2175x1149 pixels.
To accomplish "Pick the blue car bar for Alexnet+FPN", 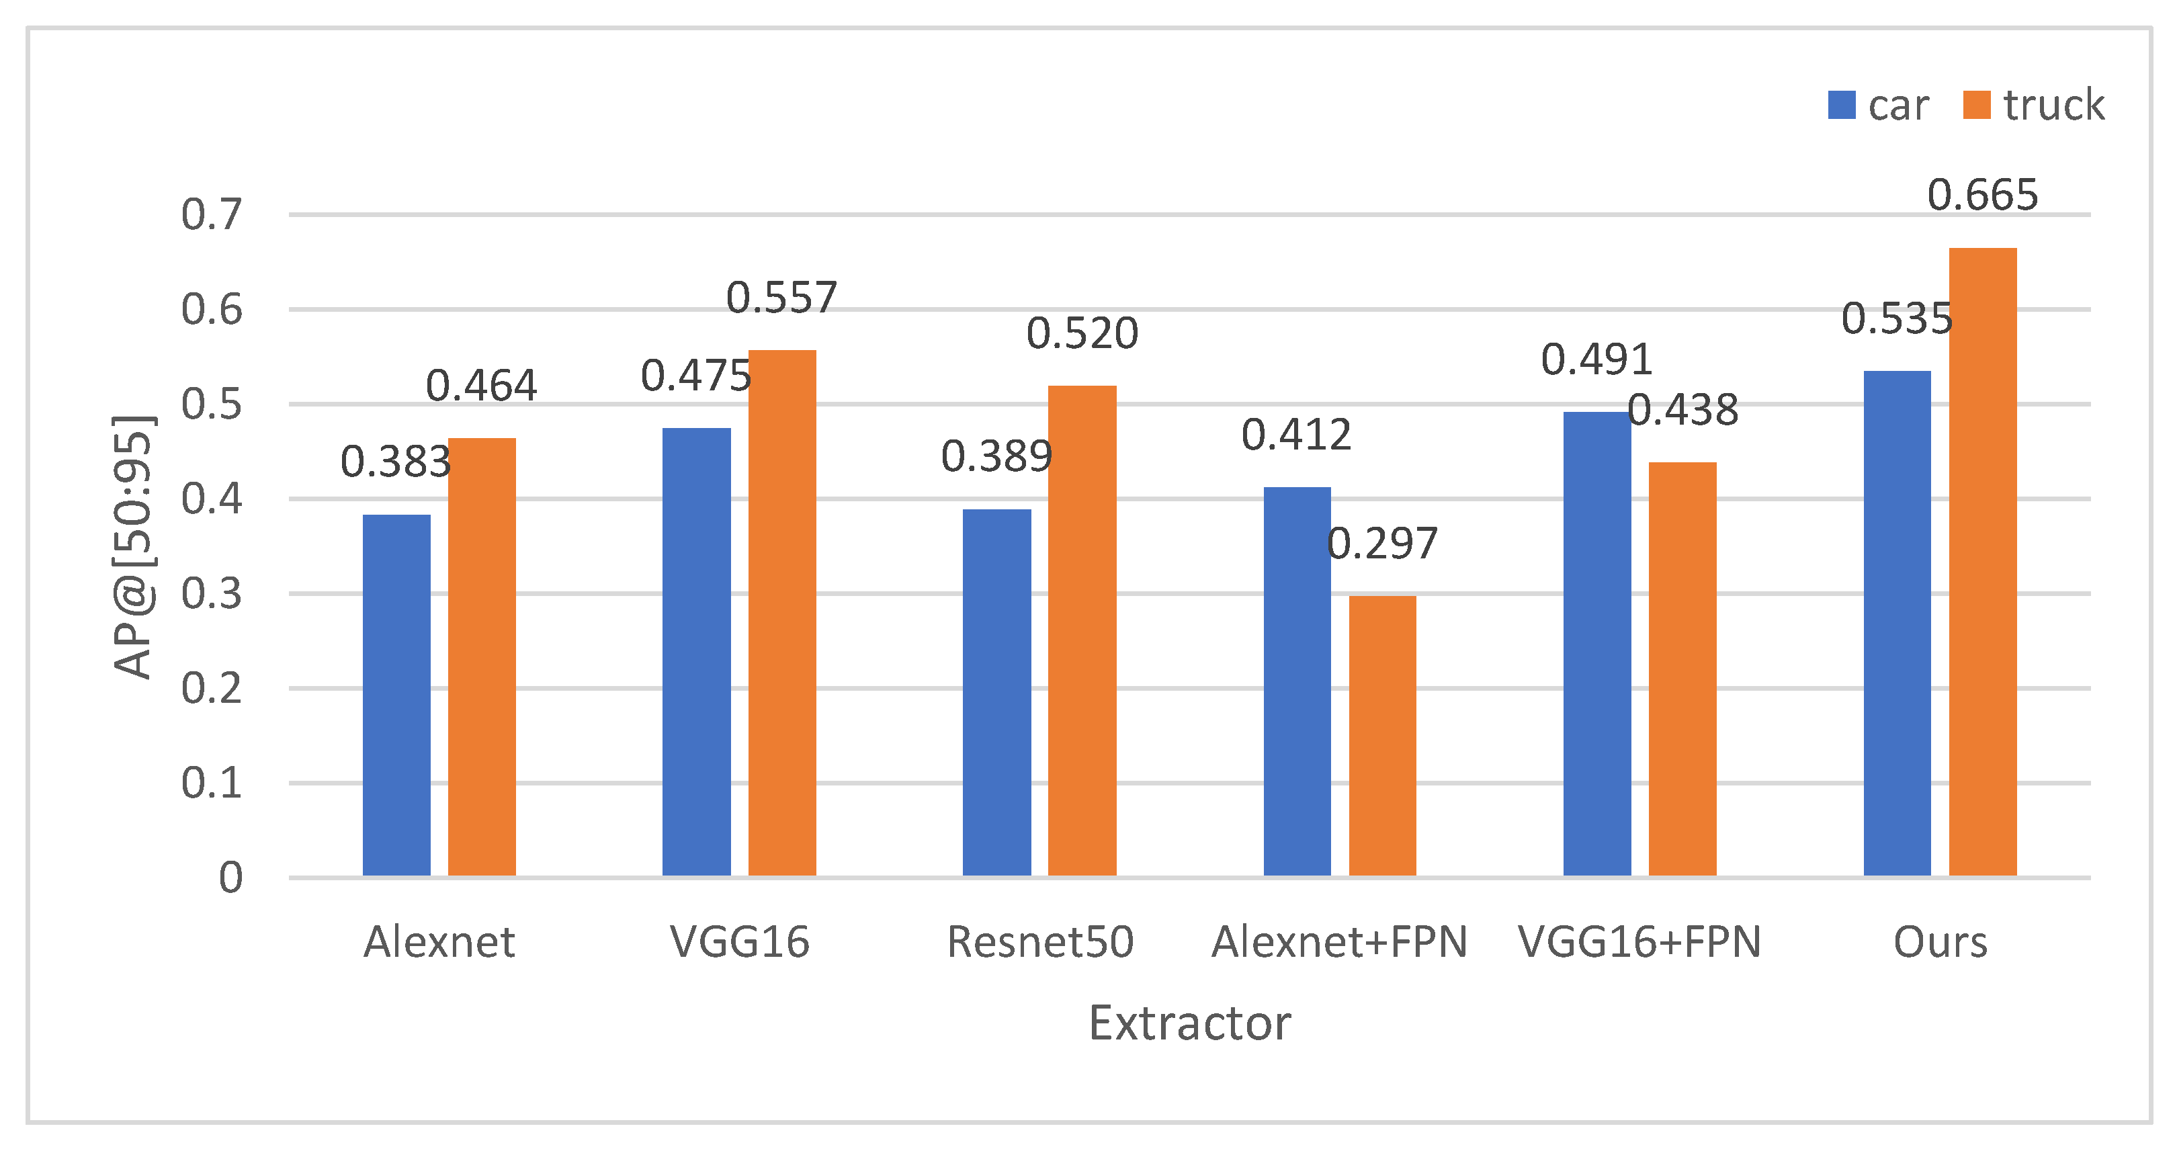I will pyautogui.click(x=1297, y=681).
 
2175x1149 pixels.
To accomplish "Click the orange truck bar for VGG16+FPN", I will pyautogui.click(x=1682, y=669).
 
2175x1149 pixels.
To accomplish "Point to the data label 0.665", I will pyautogui.click(x=1982, y=195).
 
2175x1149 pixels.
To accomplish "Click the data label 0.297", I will pyautogui.click(x=1382, y=544).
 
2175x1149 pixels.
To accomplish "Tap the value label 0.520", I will pyautogui.click(x=1082, y=333).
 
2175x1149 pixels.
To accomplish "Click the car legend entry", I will pyautogui.click(x=1879, y=105).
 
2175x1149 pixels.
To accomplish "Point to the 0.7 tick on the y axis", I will pyautogui.click(x=211, y=214).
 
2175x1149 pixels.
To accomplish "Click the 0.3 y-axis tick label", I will pyautogui.click(x=211, y=593).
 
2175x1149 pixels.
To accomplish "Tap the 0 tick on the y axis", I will pyautogui.click(x=230, y=878).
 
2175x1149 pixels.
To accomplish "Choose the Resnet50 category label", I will pyautogui.click(x=1040, y=942).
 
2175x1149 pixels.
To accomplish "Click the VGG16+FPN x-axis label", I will pyautogui.click(x=1639, y=942).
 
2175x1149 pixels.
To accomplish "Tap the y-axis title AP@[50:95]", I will pyautogui.click(x=134, y=546).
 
